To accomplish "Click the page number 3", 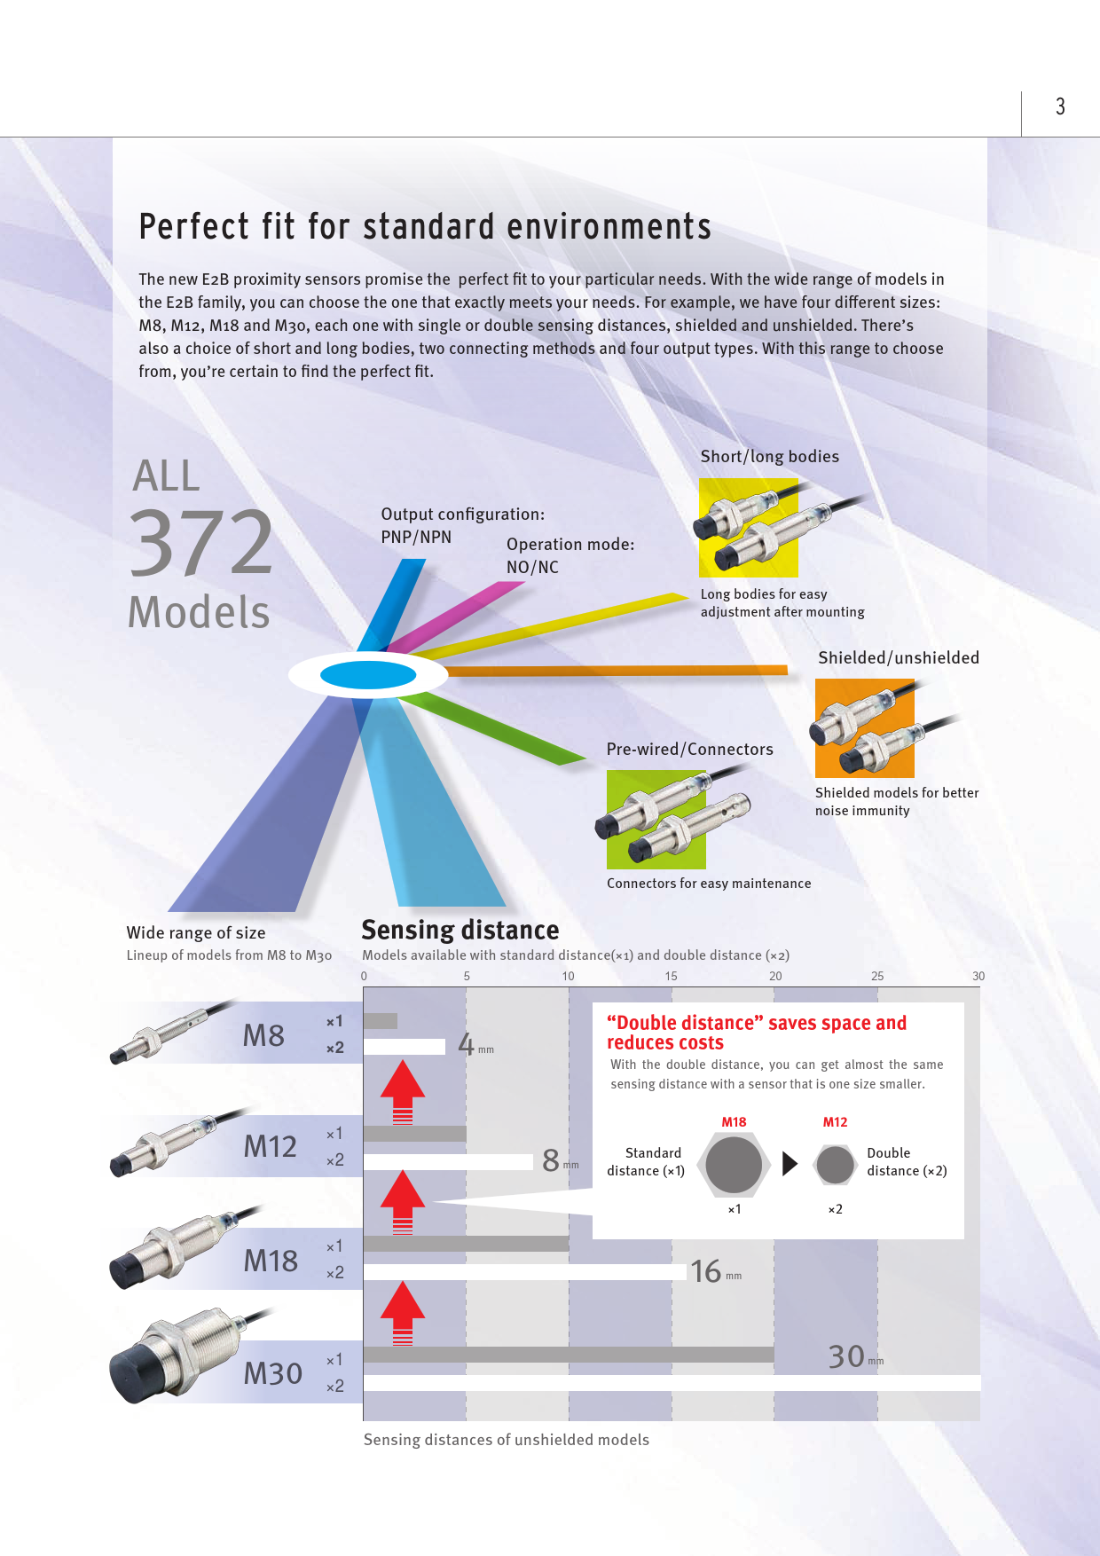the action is click(1060, 106).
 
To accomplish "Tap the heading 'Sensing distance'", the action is click(460, 930).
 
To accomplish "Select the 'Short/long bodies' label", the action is click(770, 456).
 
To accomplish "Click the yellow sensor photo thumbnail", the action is click(749, 528).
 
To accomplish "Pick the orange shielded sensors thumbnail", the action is click(865, 728).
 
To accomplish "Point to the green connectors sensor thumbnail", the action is click(656, 819).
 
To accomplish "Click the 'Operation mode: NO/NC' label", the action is click(570, 555).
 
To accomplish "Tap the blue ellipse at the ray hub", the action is click(368, 675).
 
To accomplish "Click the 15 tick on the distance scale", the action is click(672, 976).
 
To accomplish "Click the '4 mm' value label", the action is click(475, 1044).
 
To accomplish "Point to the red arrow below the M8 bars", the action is click(403, 1091).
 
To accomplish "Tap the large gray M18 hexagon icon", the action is click(734, 1164).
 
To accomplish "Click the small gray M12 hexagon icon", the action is click(835, 1164).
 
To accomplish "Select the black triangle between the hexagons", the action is click(790, 1163).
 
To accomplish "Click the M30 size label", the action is click(273, 1373).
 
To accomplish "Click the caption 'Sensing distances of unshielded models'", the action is click(507, 1440).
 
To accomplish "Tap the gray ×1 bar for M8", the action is click(381, 1021).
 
